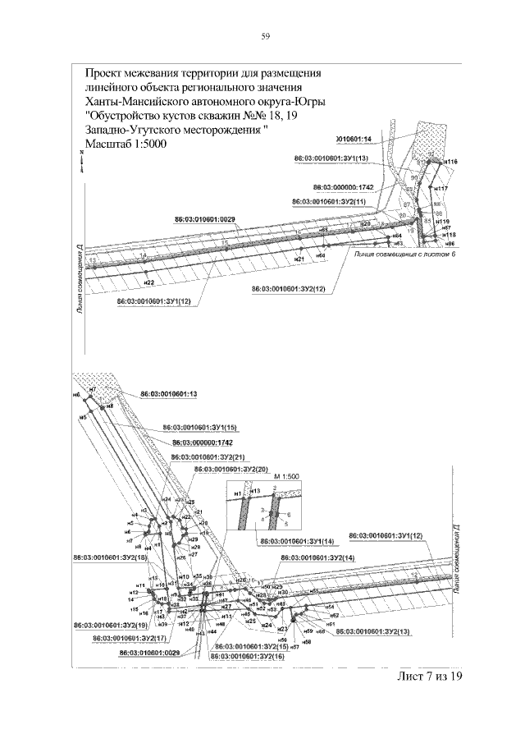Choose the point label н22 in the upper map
coord(149,282)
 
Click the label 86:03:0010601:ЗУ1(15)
coord(199,428)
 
